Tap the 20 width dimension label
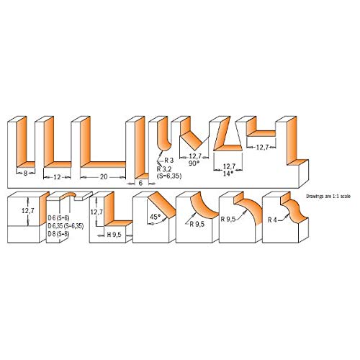(104, 175)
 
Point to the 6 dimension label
(140, 182)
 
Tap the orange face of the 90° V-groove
(189, 133)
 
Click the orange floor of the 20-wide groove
(108, 163)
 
